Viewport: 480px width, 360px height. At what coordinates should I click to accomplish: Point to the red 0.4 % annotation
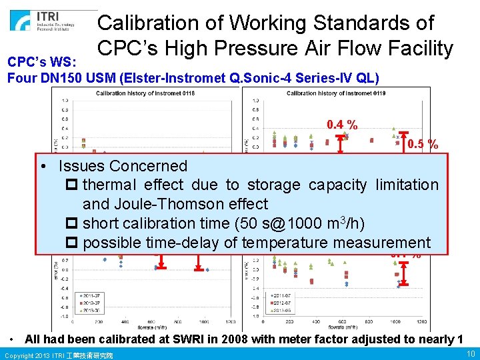[x=342, y=125]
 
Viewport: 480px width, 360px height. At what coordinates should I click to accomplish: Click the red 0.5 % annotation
[x=423, y=144]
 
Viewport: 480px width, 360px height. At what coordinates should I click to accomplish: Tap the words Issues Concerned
[x=123, y=166]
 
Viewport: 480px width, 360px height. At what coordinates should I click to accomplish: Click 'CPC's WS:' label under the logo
[x=36, y=62]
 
